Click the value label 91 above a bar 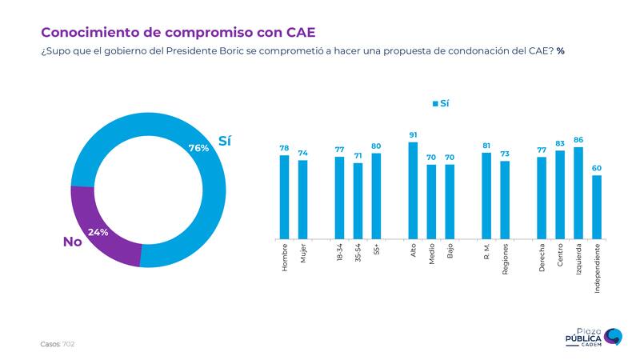pos(413,135)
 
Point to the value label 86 pos(578,140)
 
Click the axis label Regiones pos(505,260)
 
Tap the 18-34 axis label pos(340,254)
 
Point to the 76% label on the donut pos(198,148)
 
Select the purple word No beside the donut pos(73,242)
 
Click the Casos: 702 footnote pos(58,343)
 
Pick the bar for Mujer pos(302,199)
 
